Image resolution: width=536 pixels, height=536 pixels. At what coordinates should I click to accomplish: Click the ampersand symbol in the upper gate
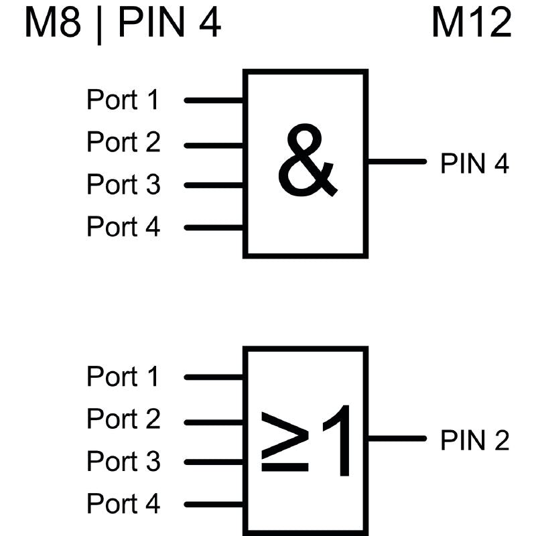pyautogui.click(x=307, y=162)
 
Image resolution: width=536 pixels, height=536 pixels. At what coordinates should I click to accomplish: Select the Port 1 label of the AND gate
pyautogui.click(x=123, y=100)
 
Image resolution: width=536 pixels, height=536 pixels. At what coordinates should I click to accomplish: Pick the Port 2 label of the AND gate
pyautogui.click(x=123, y=143)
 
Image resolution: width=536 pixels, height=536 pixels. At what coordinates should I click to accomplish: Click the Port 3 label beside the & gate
pyautogui.click(x=123, y=185)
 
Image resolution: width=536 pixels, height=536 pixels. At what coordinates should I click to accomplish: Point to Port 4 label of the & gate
pyautogui.click(x=123, y=227)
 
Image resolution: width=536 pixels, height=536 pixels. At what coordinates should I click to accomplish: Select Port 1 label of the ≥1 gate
pyautogui.click(x=123, y=377)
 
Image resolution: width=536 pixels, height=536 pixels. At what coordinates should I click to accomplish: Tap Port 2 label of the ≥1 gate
pyautogui.click(x=123, y=419)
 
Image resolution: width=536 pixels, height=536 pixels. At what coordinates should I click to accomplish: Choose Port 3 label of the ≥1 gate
pyautogui.click(x=123, y=462)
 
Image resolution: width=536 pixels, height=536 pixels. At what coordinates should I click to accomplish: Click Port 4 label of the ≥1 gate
pyautogui.click(x=123, y=504)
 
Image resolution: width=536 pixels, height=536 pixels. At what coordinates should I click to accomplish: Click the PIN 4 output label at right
pyautogui.click(x=474, y=163)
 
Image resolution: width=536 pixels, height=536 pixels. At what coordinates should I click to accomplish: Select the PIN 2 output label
pyautogui.click(x=474, y=441)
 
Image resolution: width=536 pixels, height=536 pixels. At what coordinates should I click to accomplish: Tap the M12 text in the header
pyautogui.click(x=471, y=23)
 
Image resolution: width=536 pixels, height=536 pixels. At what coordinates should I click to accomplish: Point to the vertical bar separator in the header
pyautogui.click(x=100, y=25)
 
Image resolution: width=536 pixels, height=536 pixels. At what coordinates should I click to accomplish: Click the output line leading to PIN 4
pyautogui.click(x=397, y=161)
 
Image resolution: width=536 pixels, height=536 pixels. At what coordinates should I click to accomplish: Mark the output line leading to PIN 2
pyautogui.click(x=397, y=439)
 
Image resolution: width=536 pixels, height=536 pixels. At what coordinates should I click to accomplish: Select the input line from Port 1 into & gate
pyautogui.click(x=214, y=100)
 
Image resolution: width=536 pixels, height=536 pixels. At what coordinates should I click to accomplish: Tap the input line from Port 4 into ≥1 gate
pyautogui.click(x=214, y=505)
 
